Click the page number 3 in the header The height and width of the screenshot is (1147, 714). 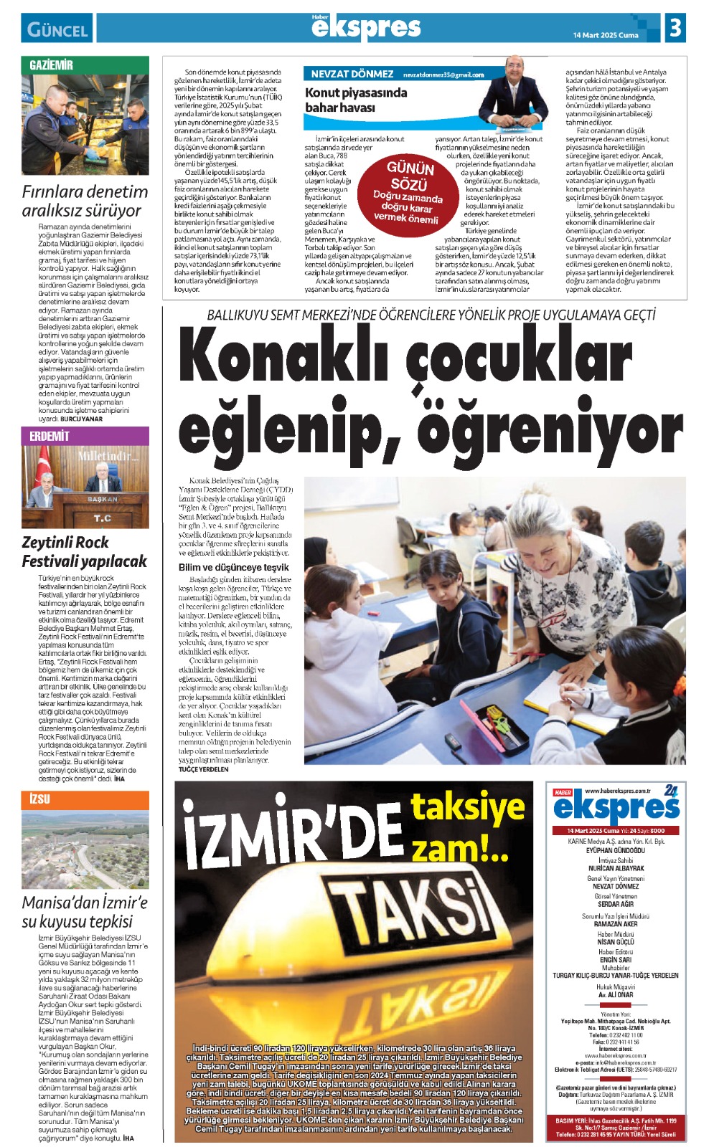click(675, 28)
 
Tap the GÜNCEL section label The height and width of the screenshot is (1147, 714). click(57, 29)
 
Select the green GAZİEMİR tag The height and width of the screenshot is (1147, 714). click(52, 65)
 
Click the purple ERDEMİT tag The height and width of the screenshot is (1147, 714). click(50, 436)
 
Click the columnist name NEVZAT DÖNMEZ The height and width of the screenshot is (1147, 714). click(352, 74)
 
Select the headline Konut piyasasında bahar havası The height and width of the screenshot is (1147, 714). click(356, 100)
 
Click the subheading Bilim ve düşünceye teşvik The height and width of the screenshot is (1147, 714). click(234, 567)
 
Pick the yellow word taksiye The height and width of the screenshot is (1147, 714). click(467, 807)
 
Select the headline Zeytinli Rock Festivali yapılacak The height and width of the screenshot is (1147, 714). click(84, 551)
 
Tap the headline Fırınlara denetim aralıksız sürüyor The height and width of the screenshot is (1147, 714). click(85, 201)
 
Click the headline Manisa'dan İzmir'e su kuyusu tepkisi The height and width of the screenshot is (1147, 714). click(85, 911)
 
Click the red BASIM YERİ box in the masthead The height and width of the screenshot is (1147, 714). click(616, 1127)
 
